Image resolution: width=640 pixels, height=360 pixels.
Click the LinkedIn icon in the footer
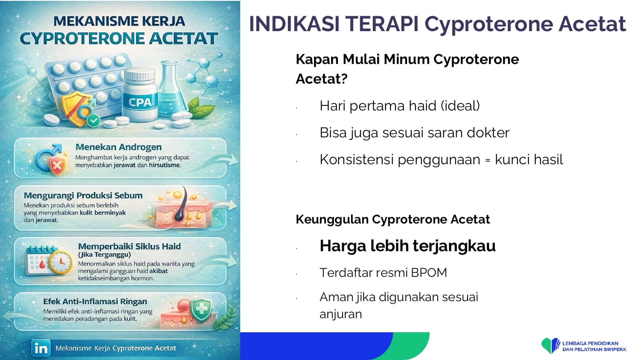(x=41, y=348)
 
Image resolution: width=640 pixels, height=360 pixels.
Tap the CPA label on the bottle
(x=140, y=102)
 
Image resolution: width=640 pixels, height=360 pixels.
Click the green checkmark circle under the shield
(x=93, y=121)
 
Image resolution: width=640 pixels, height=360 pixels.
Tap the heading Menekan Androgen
(x=119, y=147)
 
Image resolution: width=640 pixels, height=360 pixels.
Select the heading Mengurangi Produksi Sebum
(x=83, y=195)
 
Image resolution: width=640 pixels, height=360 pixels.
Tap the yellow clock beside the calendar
(x=61, y=262)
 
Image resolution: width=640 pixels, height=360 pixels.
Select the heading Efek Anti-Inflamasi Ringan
(x=95, y=302)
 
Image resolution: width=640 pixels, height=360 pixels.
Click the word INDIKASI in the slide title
(x=294, y=24)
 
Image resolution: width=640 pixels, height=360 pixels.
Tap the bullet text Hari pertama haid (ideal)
(x=400, y=106)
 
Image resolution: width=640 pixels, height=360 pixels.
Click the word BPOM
(x=429, y=273)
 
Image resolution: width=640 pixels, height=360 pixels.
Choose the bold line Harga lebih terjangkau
(x=408, y=246)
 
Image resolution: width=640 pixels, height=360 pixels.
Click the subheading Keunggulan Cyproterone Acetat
(x=393, y=219)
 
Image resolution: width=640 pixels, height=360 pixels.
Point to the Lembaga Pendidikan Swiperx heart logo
(x=550, y=345)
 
